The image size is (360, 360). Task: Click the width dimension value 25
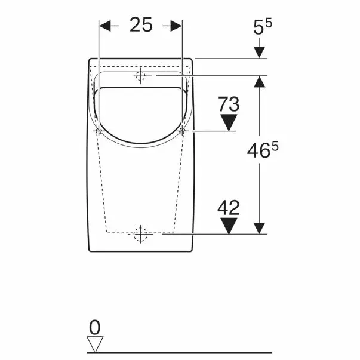(x=141, y=26)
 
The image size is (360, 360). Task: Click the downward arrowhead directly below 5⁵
(x=259, y=51)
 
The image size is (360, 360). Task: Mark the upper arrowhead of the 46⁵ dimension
(x=259, y=82)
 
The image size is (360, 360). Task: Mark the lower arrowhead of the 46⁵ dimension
(x=259, y=228)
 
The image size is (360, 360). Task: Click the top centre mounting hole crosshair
(x=140, y=76)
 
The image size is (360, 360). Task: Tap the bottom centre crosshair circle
(x=140, y=235)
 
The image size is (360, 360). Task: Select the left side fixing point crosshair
(x=98, y=131)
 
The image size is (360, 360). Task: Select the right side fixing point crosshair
(x=183, y=131)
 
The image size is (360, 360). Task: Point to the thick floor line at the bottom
(x=179, y=352)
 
